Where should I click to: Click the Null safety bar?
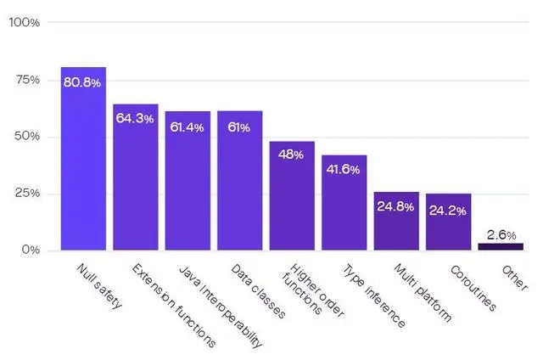pos(83,158)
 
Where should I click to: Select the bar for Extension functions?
pos(136,177)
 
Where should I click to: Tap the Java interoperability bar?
pos(188,181)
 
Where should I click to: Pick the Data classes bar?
pos(239,180)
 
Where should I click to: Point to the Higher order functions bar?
pos(292,195)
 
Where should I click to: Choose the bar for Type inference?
pos(344,202)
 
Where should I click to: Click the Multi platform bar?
pos(396,221)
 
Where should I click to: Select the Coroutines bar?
pos(449,222)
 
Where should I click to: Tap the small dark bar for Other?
pos(501,246)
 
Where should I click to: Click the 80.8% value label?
pos(82,82)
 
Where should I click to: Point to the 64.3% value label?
pos(135,119)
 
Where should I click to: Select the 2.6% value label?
pos(501,235)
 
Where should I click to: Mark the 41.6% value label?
pos(343,170)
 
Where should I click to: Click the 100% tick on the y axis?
pos(25,23)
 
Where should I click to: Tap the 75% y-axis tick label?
pos(27,80)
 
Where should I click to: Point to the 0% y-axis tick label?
pos(31,250)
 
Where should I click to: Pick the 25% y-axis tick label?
pos(27,193)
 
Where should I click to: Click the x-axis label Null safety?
pos(99,286)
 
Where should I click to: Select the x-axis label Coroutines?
pos(473,289)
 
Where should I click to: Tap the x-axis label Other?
pos(515,278)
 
